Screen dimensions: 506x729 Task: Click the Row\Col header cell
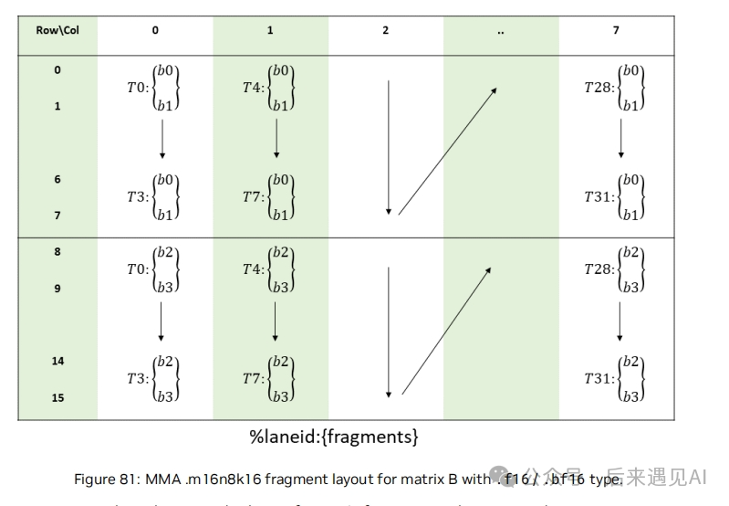click(x=57, y=30)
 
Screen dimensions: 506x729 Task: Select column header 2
click(x=386, y=30)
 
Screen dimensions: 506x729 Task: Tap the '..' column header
click(x=501, y=30)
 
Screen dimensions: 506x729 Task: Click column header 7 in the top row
click(x=617, y=30)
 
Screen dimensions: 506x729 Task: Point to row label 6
click(x=57, y=179)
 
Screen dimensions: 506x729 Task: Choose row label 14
click(x=57, y=361)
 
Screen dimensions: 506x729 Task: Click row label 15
click(x=57, y=397)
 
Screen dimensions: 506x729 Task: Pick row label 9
click(x=57, y=288)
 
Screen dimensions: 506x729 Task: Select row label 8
click(x=57, y=251)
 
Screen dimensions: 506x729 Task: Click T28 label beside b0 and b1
click(x=598, y=88)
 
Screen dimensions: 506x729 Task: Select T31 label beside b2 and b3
click(x=598, y=378)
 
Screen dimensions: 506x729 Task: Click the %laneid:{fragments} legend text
click(x=334, y=437)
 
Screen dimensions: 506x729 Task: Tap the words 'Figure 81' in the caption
click(x=102, y=478)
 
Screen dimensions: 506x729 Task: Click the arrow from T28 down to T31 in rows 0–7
click(x=621, y=138)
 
